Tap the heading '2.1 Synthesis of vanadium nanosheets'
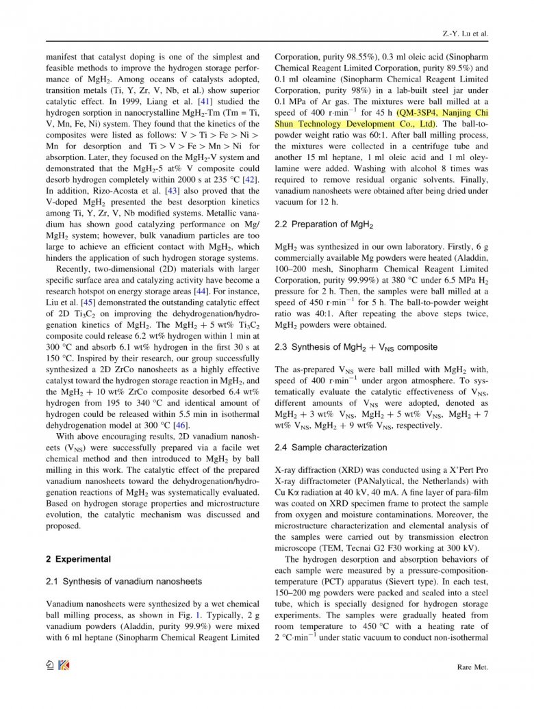[x=124, y=582]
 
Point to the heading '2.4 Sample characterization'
[x=331, y=448]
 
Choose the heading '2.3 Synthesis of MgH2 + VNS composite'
[x=355, y=347]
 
